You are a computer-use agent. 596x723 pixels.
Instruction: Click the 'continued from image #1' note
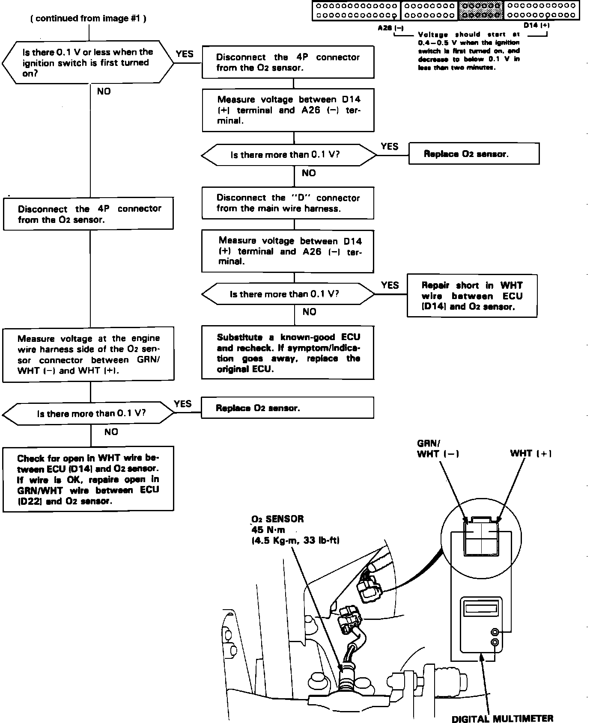pos(89,18)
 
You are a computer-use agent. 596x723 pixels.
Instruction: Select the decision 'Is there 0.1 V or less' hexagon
pos(88,62)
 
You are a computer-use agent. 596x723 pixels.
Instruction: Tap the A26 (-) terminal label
pos(390,28)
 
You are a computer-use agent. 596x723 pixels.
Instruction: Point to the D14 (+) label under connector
pos(536,25)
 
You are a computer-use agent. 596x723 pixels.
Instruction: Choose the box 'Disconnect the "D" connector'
pos(288,203)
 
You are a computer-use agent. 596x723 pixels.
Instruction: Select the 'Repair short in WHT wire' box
pos(472,296)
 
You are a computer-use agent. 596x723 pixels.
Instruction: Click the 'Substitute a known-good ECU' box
pos(288,353)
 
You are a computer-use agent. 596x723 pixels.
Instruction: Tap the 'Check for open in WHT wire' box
pos(88,479)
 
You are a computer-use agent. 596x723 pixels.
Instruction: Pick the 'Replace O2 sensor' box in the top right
pos(474,154)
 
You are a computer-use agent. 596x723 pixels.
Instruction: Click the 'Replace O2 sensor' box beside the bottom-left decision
pos(288,408)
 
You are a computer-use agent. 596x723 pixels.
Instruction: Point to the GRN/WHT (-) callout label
pos(438,448)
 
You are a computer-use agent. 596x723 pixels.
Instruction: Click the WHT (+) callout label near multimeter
pos(530,453)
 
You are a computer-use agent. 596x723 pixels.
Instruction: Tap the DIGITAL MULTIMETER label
pos(502,718)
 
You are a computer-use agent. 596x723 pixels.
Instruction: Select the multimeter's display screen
pos(480,609)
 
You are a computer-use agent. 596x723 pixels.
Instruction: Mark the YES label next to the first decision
pos(185,54)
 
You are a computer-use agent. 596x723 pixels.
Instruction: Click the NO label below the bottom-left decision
pos(111,432)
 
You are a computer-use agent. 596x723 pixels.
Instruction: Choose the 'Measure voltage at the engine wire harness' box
pos(88,354)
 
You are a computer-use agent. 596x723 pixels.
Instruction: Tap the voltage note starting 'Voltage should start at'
pos(469,51)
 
